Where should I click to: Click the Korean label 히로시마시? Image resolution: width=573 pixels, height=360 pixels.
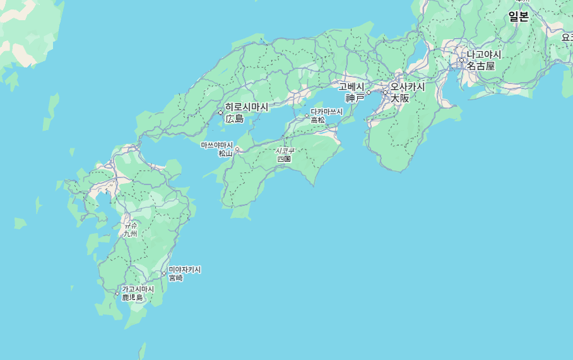[247, 107]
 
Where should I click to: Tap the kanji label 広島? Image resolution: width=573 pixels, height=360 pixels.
[235, 118]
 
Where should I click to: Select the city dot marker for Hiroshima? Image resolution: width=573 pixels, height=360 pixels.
[221, 113]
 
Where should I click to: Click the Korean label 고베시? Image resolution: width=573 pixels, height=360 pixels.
[351, 87]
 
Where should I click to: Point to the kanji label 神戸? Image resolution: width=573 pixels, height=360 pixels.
[355, 98]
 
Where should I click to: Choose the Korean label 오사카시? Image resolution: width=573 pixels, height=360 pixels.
[408, 87]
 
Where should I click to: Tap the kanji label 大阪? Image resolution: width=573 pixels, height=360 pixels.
[399, 98]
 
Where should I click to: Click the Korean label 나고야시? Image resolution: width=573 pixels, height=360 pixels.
[484, 54]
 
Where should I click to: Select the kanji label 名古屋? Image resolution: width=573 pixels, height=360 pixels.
[481, 66]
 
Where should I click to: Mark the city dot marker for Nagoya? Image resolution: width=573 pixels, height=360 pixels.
[461, 61]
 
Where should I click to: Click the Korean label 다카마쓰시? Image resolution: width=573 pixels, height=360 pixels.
[327, 112]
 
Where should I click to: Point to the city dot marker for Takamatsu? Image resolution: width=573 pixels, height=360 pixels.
[307, 116]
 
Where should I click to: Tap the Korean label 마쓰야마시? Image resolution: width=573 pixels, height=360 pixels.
[217, 145]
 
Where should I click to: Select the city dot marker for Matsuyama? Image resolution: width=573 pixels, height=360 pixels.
[237, 150]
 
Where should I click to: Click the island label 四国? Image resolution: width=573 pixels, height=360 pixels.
[284, 159]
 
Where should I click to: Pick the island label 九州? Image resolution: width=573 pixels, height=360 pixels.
[130, 234]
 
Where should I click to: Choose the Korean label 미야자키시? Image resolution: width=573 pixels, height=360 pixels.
[185, 270]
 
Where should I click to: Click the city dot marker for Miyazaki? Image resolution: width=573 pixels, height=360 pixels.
[163, 273]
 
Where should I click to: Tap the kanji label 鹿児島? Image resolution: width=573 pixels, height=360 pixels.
[133, 297]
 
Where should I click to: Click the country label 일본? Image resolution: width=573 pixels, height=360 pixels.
[519, 17]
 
